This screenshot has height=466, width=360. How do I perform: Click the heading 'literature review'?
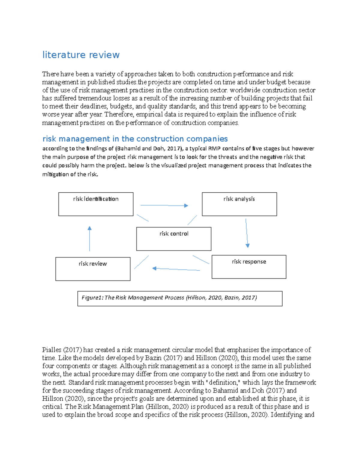tap(81, 55)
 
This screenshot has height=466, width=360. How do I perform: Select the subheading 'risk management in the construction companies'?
tap(135, 139)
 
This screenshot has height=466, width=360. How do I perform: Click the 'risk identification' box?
tap(96, 204)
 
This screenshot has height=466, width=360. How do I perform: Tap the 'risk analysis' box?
tap(239, 204)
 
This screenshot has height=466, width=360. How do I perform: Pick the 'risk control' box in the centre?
tap(174, 239)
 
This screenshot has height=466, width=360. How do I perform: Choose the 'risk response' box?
tap(249, 267)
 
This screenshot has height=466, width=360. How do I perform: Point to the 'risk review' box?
tap(93, 269)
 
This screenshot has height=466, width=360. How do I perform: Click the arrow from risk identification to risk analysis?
tap(164, 206)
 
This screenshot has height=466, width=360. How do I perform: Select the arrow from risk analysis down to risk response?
tap(247, 233)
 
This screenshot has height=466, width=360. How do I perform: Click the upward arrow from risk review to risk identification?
tap(89, 239)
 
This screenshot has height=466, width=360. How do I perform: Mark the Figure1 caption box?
tap(180, 299)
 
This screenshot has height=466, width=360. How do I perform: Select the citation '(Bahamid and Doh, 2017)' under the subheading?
tap(149, 149)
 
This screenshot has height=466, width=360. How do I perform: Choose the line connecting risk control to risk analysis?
tap(192, 220)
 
